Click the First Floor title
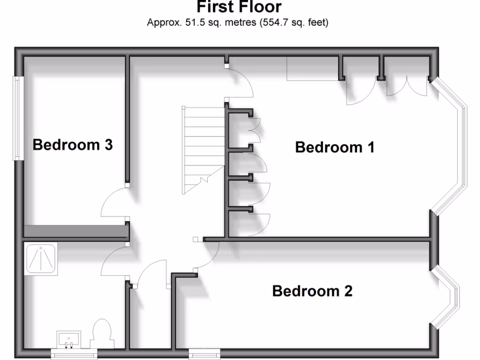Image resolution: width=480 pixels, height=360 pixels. tap(239, 7)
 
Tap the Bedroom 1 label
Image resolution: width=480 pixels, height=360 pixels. tap(335, 147)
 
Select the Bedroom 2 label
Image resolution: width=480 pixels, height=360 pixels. tap(312, 291)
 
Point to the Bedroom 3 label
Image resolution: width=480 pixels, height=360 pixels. tap(73, 145)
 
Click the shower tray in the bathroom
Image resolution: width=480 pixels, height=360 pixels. tap(41, 259)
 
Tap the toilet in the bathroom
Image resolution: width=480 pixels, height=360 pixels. tap(101, 333)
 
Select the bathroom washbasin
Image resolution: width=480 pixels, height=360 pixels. tap(69, 339)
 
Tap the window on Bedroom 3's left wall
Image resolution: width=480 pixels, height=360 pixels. tap(18, 119)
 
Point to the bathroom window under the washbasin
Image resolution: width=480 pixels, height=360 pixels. tap(70, 355)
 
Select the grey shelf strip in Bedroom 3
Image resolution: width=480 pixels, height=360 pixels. tap(75, 231)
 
